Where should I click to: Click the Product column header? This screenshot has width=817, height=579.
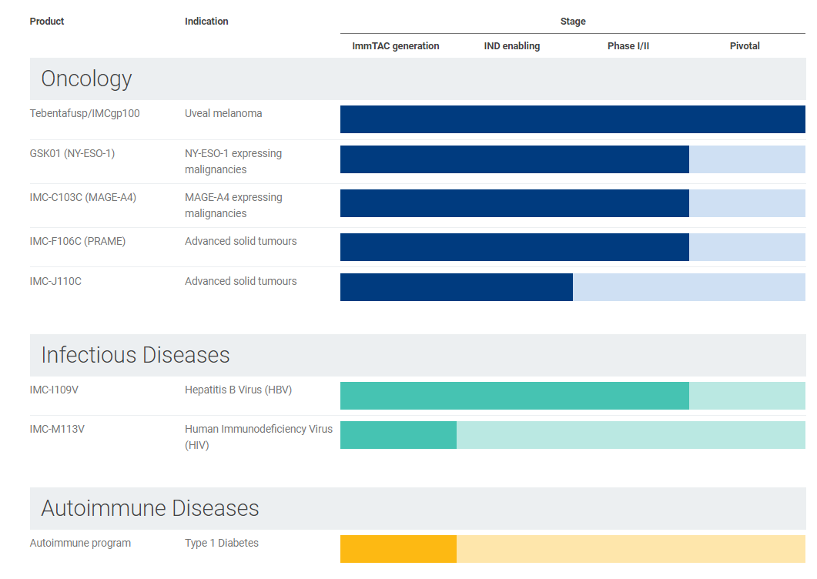click(x=47, y=22)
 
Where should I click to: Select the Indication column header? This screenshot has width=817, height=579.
click(x=206, y=22)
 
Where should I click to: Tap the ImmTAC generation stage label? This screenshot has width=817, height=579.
click(x=396, y=46)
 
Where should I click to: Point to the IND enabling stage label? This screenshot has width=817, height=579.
click(x=511, y=46)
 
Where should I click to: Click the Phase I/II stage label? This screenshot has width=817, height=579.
click(x=628, y=46)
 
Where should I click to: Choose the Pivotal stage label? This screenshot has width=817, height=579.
click(x=745, y=46)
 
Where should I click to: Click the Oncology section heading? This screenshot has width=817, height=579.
click(x=86, y=79)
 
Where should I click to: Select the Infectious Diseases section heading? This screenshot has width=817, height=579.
click(x=136, y=355)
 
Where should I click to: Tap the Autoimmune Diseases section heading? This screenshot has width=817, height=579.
click(x=150, y=508)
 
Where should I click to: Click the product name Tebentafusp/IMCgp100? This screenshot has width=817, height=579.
click(x=85, y=114)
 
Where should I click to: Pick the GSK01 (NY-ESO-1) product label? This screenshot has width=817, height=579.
click(x=72, y=154)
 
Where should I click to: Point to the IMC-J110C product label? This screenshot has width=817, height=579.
click(x=55, y=282)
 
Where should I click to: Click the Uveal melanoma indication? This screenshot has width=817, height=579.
click(x=223, y=114)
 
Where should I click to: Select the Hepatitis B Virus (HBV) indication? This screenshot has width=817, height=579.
click(x=238, y=390)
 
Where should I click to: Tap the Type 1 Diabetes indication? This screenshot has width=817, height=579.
click(x=222, y=543)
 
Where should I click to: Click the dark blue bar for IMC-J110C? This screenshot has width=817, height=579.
click(x=457, y=287)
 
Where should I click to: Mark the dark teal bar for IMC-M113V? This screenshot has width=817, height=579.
click(x=399, y=435)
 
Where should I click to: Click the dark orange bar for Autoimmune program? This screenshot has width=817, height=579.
click(x=399, y=549)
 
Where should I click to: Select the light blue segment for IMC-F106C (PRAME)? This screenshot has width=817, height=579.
click(x=747, y=247)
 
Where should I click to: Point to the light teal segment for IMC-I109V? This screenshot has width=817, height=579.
click(x=747, y=396)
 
